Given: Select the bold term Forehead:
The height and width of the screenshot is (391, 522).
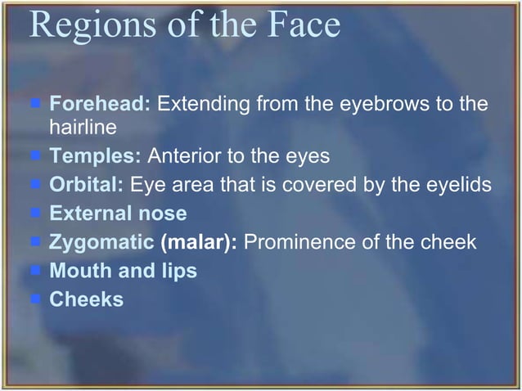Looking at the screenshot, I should pos(101,105).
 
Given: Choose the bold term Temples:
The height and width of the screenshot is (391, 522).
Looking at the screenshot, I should pos(96,155).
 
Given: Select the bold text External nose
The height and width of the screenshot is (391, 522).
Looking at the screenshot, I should pos(119,213).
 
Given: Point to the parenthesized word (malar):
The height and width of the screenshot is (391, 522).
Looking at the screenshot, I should pos(200,242).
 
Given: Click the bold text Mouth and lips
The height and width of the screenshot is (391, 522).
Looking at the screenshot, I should pos(124,271).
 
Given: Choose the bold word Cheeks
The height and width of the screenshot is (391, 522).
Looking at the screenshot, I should pos(87,299).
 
